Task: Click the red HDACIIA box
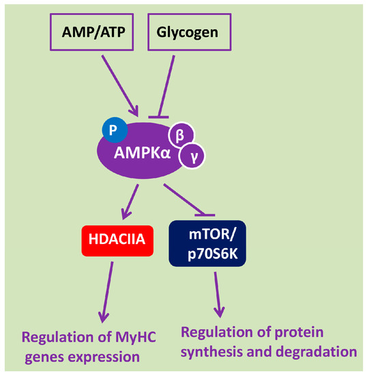pyautogui.click(x=115, y=241)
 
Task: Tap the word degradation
pyautogui.click(x=321, y=352)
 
